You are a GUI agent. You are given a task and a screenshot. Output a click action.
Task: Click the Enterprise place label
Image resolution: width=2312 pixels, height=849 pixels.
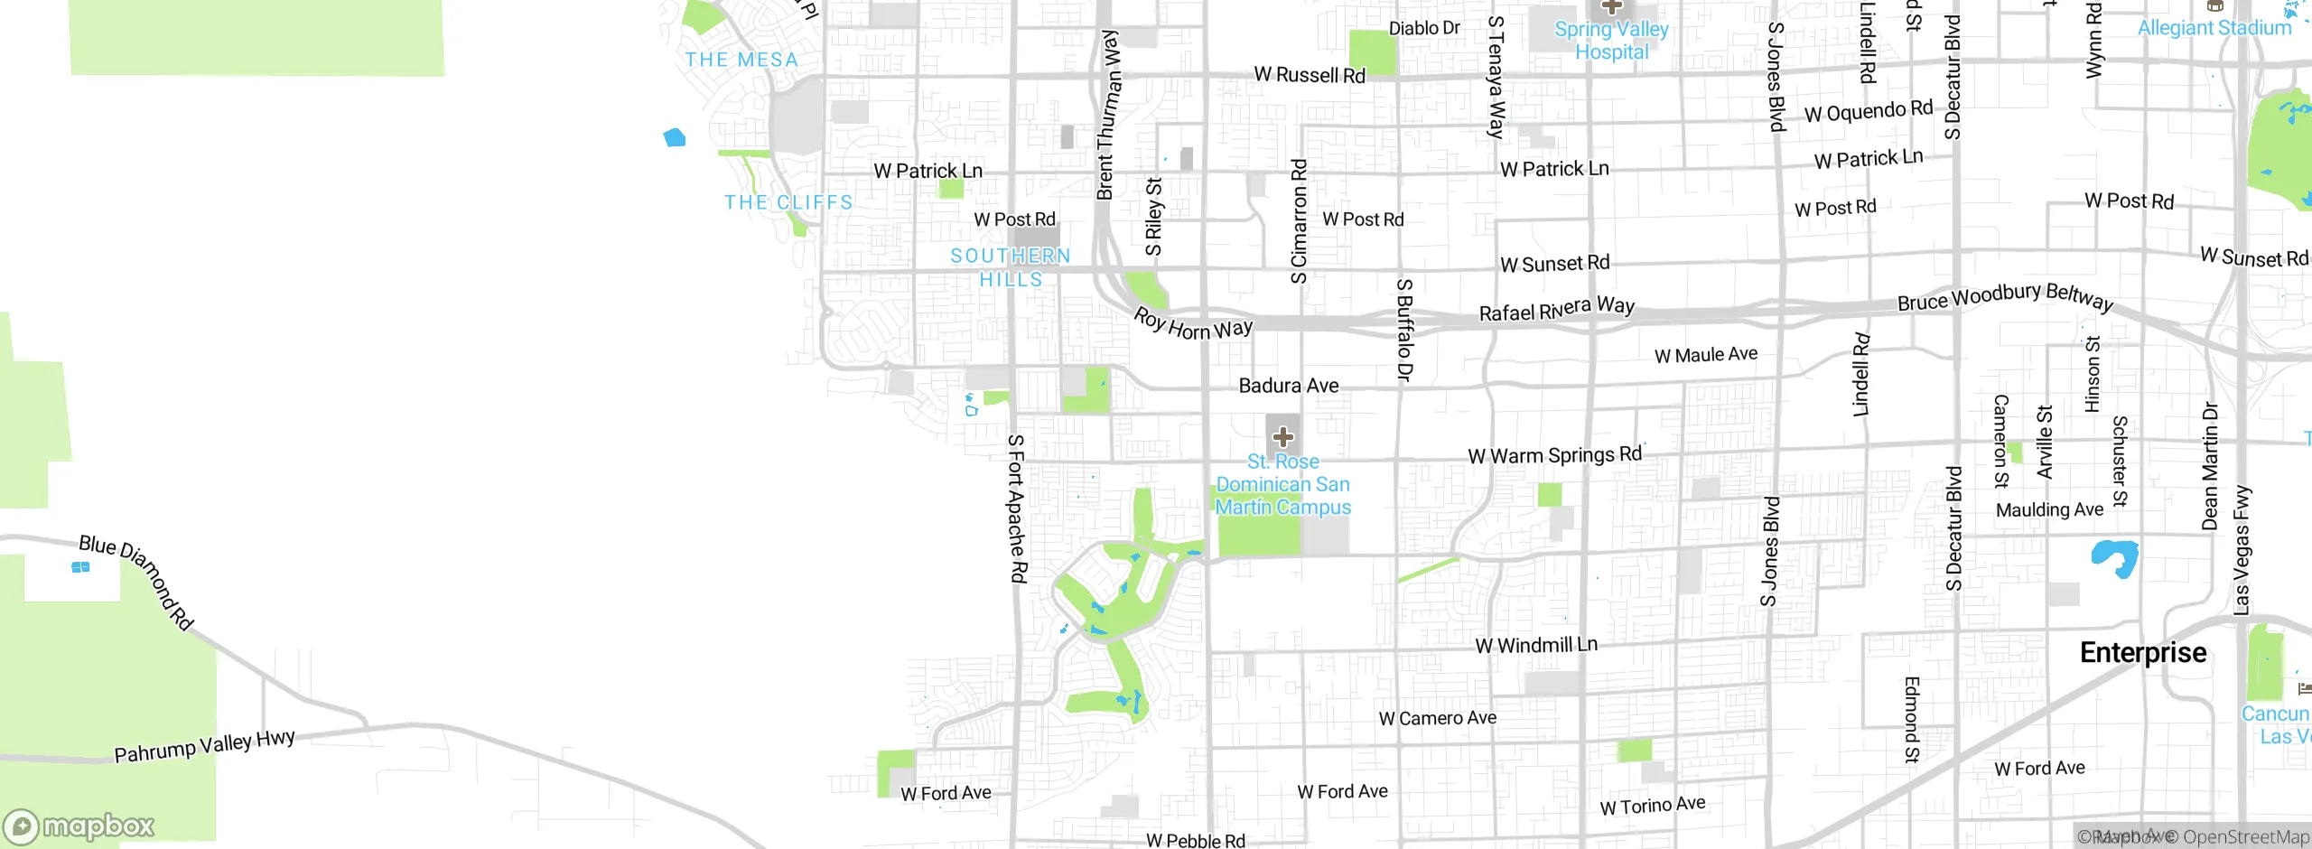tap(2142, 652)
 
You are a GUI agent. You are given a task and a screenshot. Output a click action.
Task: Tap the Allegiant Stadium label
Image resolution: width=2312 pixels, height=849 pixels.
tap(2214, 28)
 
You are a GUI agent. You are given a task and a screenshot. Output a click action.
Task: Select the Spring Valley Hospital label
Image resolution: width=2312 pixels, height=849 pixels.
tap(1611, 41)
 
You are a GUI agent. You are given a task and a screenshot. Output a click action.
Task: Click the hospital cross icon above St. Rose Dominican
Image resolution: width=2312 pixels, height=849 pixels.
tap(1282, 438)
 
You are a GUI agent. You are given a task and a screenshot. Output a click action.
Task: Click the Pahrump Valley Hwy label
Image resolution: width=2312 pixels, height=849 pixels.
tap(204, 746)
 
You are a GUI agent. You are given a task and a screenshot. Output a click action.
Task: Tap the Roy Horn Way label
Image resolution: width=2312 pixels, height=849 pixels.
tap(1192, 325)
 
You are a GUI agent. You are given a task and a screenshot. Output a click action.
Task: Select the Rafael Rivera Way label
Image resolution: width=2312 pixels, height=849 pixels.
tap(1556, 309)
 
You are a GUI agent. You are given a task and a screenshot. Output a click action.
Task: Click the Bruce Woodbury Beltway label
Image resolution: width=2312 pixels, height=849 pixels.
tap(2005, 297)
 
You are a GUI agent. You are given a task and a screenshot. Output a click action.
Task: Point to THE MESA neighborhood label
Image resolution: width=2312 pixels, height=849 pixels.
tap(741, 61)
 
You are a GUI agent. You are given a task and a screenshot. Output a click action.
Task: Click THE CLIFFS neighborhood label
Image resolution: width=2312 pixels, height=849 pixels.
tap(788, 202)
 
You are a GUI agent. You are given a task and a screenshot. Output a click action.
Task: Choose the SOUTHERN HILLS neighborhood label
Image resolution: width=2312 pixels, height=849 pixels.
tap(1011, 267)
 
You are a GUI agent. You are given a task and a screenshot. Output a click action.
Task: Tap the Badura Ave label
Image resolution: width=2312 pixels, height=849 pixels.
tap(1288, 386)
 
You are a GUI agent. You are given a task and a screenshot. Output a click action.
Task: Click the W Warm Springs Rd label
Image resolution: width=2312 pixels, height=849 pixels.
tap(1554, 455)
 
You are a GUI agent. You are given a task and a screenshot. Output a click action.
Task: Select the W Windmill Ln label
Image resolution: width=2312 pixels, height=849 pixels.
tap(1535, 645)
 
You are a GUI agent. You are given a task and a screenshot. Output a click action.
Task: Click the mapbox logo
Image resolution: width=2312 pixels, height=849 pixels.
tap(79, 826)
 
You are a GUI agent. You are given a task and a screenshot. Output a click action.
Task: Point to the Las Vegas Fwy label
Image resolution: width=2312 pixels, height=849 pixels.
tap(2242, 550)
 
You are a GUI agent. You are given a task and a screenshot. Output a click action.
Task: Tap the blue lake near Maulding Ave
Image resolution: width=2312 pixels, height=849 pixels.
tap(2113, 555)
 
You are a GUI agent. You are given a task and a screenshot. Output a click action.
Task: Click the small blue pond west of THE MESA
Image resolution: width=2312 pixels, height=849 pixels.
tap(675, 137)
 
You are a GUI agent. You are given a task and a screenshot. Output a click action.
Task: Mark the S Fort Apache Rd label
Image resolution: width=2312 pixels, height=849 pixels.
tap(1016, 508)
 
